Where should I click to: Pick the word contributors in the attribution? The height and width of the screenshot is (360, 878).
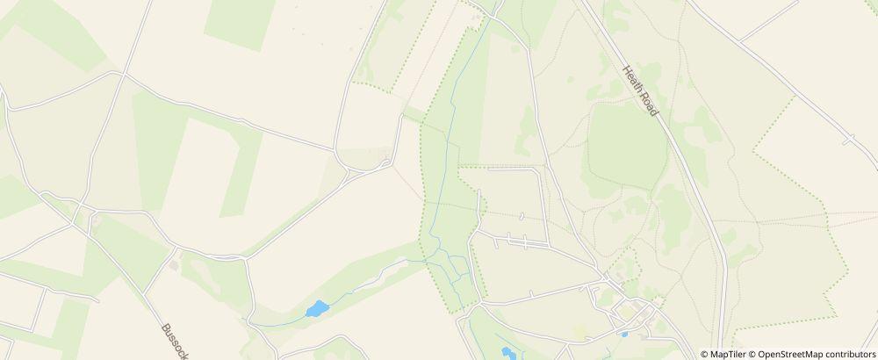click(x=849, y=354)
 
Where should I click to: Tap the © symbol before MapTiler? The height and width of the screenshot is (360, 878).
click(x=705, y=354)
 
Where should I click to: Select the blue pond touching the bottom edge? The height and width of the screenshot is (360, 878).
click(x=507, y=353)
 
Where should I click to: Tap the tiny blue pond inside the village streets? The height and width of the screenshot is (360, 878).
click(x=624, y=334)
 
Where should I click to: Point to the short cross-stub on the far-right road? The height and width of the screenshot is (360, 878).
click(x=848, y=139)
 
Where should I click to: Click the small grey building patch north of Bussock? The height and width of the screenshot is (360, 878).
click(x=174, y=263)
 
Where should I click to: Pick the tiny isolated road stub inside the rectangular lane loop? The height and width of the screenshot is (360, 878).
click(x=521, y=215)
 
